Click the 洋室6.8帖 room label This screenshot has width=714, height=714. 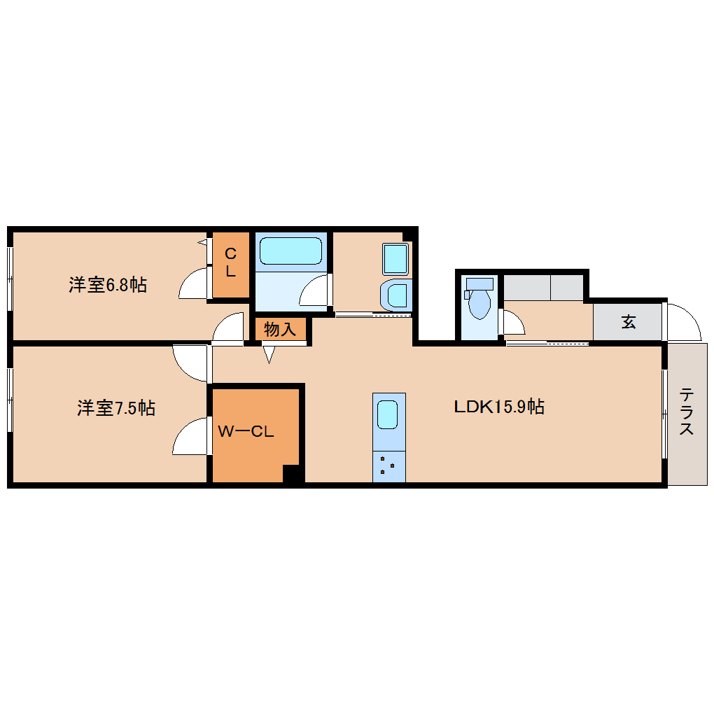[x=107, y=285]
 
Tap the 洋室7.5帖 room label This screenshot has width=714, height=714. [x=115, y=407]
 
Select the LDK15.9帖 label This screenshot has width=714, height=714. [x=499, y=407]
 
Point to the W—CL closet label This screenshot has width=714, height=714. [x=245, y=432]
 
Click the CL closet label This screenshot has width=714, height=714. [x=230, y=262]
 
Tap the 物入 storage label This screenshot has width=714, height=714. [x=280, y=329]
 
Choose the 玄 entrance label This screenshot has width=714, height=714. [x=628, y=323]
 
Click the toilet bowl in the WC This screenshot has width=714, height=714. [x=479, y=304]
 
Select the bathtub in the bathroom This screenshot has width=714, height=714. [x=290, y=251]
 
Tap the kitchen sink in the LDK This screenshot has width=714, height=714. [x=389, y=415]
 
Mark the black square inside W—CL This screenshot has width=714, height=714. [x=293, y=474]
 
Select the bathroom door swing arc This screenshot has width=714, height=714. [x=316, y=290]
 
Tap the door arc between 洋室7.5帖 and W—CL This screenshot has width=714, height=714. [x=190, y=437]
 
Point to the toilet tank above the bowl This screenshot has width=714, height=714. [x=479, y=284]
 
